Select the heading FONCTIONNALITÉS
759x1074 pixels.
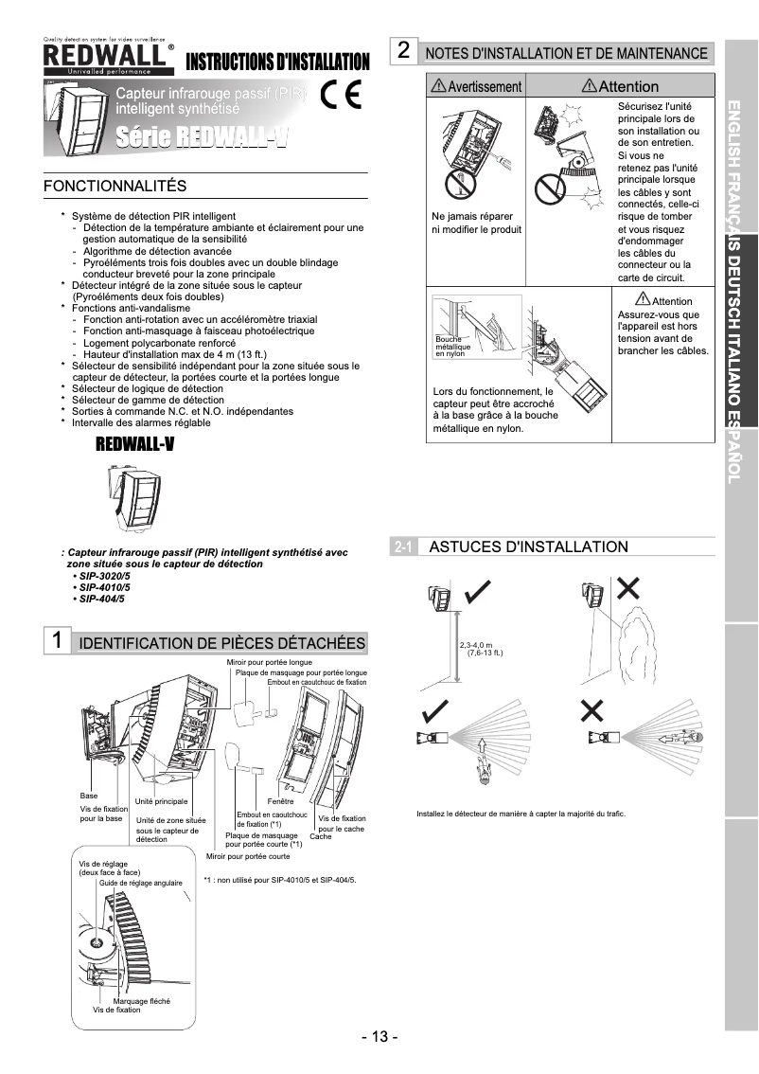(115, 186)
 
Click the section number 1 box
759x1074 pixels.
(58, 640)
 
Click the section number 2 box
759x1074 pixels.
(404, 51)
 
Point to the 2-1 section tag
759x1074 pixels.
(402, 547)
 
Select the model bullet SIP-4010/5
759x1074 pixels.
(104, 587)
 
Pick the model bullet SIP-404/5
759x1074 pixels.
(101, 599)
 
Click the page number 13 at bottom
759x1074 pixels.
(379, 1036)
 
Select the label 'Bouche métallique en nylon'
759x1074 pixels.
(452, 346)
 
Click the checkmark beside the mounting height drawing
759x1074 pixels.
(478, 594)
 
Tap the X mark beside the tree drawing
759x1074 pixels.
(627, 589)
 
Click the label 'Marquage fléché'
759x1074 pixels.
(141, 1001)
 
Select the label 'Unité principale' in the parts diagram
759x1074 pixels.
(161, 802)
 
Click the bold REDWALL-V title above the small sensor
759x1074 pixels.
(135, 446)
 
